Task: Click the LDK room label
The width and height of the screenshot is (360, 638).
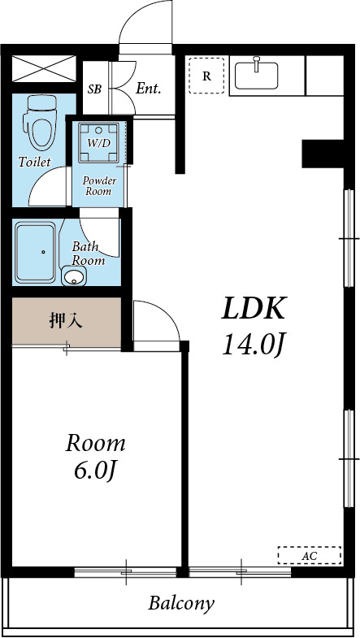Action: coord(254,310)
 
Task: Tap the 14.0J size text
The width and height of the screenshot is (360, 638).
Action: coord(254,345)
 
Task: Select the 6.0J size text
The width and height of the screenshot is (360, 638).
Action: coord(96,470)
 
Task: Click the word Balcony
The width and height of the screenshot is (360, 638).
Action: coord(181,604)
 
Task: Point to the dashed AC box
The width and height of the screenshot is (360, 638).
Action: coord(309,555)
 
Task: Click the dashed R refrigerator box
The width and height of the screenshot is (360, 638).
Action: coord(206,76)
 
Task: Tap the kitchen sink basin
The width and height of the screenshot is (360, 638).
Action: coord(257,76)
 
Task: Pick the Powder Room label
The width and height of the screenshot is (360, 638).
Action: coord(98,185)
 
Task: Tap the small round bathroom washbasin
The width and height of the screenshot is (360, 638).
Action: coord(74,279)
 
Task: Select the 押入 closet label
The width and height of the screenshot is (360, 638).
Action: coord(67,320)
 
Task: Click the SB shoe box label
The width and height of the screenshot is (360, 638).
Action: coord(94,89)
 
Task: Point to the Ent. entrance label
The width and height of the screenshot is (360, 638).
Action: coord(149,88)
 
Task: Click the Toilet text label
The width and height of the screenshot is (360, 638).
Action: coord(34,162)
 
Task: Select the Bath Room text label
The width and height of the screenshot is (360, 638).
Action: coord(88,253)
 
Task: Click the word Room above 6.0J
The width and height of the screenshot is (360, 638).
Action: coord(96,443)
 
